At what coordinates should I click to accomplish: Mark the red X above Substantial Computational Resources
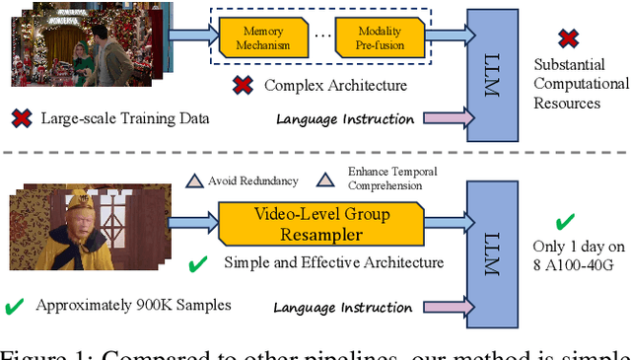click(x=568, y=38)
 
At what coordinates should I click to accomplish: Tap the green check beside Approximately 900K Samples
click(x=14, y=306)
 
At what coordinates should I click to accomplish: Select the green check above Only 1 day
click(x=566, y=222)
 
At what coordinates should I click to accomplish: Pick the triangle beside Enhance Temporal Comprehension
click(x=322, y=180)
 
